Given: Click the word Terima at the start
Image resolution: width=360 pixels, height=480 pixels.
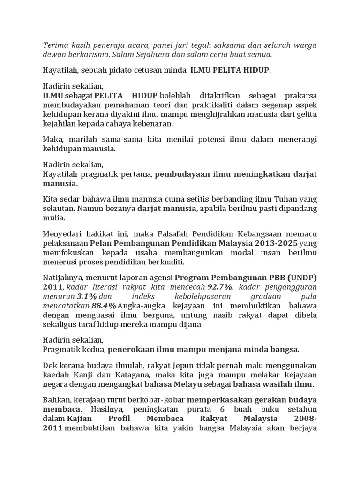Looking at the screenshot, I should (x=55, y=45).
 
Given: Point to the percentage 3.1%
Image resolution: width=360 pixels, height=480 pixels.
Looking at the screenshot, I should (x=87, y=297).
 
